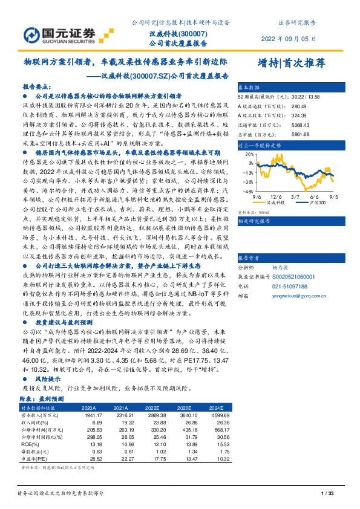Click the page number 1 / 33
click(x=327, y=494)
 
